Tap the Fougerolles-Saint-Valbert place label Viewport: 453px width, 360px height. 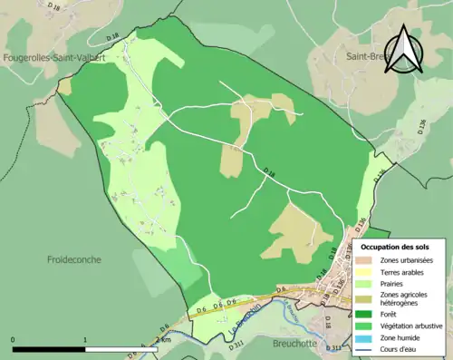click(54, 57)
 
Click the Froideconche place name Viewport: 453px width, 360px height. click(74, 259)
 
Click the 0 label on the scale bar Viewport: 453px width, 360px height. click(14, 340)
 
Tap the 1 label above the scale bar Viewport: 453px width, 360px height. click(85, 340)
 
